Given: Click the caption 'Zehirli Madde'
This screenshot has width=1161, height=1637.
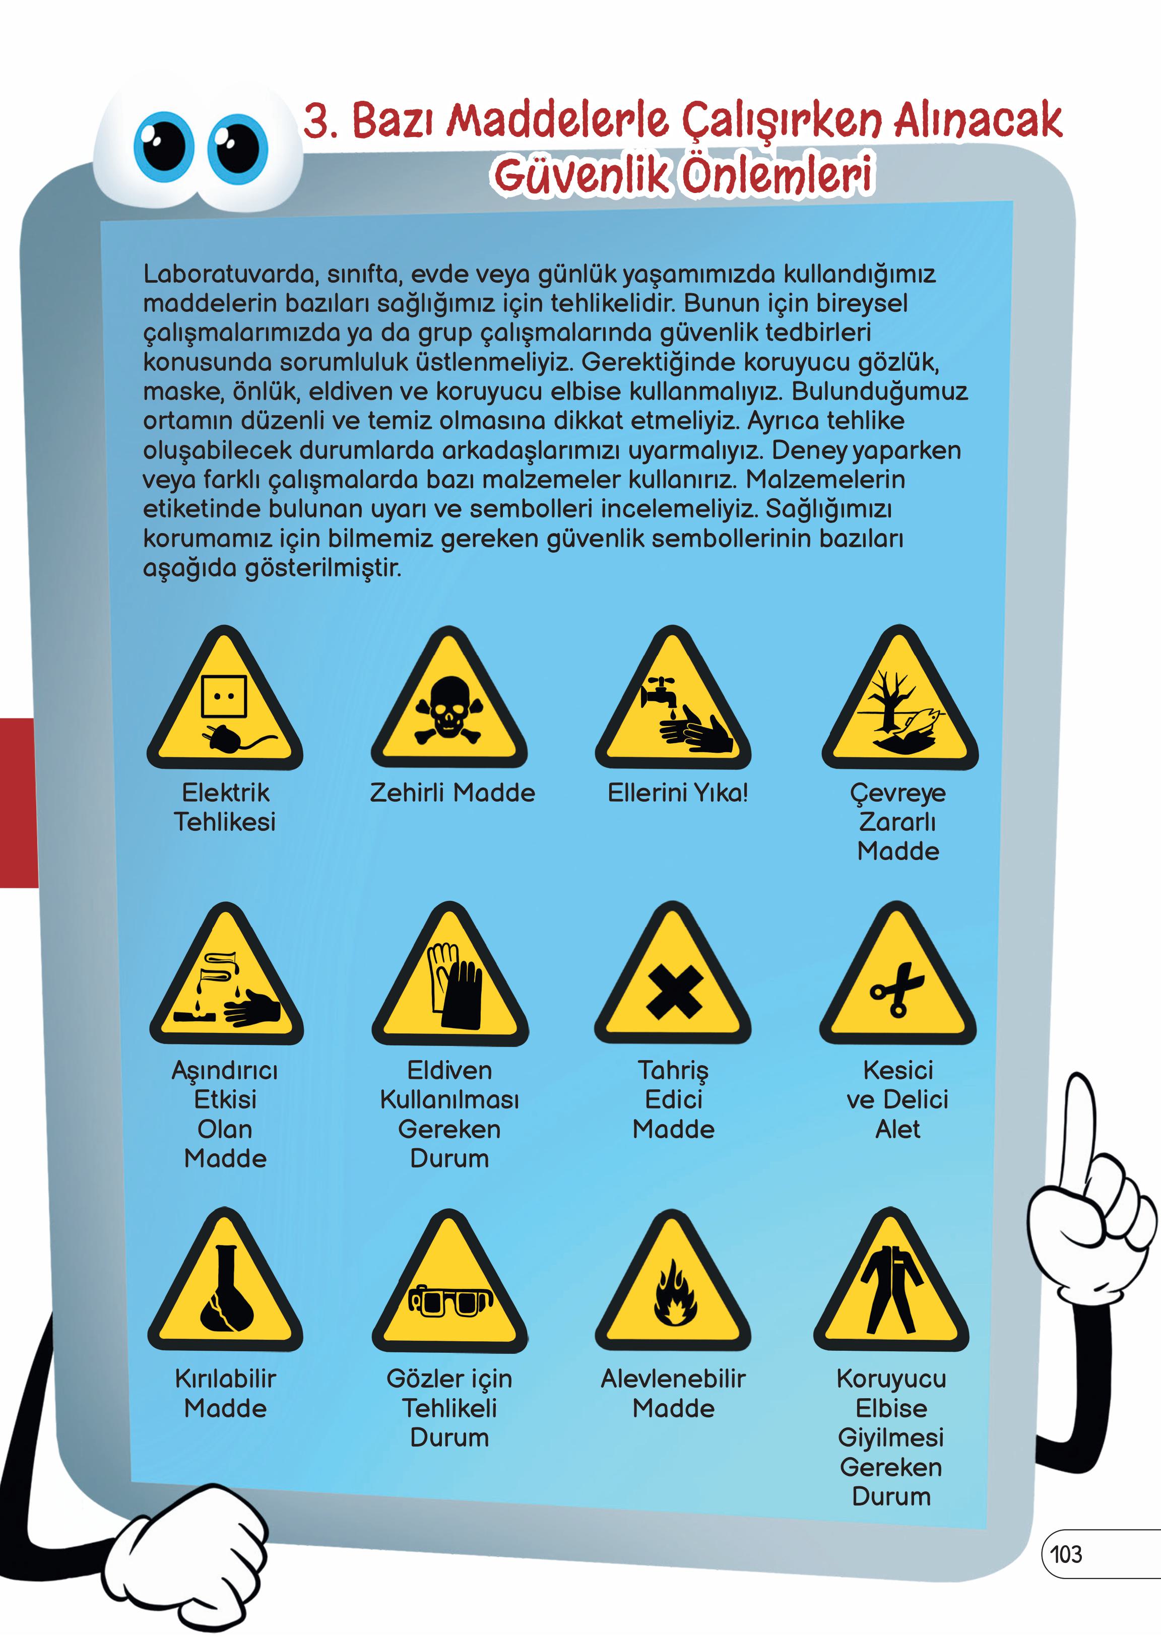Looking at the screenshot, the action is coord(452,792).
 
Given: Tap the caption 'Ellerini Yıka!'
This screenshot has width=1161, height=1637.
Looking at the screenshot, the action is coord(678,792).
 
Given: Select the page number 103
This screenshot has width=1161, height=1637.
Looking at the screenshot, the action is coord(1066,1553).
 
